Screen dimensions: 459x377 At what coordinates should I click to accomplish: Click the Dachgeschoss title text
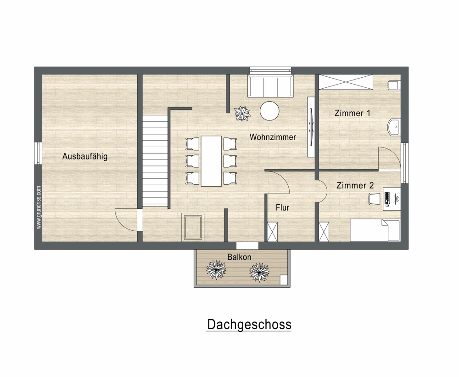tap(249, 325)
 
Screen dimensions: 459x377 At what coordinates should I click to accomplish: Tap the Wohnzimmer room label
tap(273, 137)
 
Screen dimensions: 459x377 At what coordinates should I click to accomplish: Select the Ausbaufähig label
tap(85, 156)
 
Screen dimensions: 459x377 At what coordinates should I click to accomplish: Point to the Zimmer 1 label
tap(352, 113)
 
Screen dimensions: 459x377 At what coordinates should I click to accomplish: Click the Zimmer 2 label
tap(355, 185)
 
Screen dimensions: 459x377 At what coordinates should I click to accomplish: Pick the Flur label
tap(282, 207)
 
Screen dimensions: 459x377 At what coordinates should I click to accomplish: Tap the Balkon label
tap(239, 257)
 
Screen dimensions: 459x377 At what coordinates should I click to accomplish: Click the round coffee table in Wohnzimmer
tap(269, 111)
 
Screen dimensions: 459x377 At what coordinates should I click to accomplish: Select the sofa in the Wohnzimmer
tap(270, 86)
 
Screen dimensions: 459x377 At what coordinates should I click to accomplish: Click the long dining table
tap(211, 161)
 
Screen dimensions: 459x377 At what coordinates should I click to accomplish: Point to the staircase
tap(155, 160)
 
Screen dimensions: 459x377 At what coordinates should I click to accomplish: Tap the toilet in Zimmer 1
tap(394, 86)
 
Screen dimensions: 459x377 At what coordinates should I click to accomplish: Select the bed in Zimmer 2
tap(375, 230)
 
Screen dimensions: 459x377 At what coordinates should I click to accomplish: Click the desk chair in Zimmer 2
tap(374, 199)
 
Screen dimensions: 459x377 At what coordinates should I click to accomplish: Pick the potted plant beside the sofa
tap(242, 113)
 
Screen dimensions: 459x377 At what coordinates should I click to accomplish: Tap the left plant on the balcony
tap(216, 269)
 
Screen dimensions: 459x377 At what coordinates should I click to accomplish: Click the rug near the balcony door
tap(193, 227)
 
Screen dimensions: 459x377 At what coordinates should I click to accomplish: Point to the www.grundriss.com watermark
tap(39, 207)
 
